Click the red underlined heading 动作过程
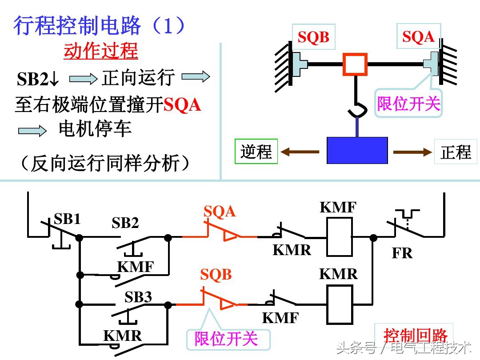(101, 51)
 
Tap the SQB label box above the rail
(313, 38)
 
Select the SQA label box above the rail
(418, 36)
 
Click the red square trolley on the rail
(355, 64)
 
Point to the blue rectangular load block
(357, 150)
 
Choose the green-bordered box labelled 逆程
(256, 152)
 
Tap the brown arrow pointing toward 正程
(413, 152)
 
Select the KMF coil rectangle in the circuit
(340, 236)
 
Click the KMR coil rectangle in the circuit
(340, 304)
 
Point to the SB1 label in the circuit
(67, 219)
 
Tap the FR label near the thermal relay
(402, 253)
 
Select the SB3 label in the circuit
(138, 297)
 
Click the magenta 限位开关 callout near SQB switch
(226, 339)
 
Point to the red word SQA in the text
(182, 105)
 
